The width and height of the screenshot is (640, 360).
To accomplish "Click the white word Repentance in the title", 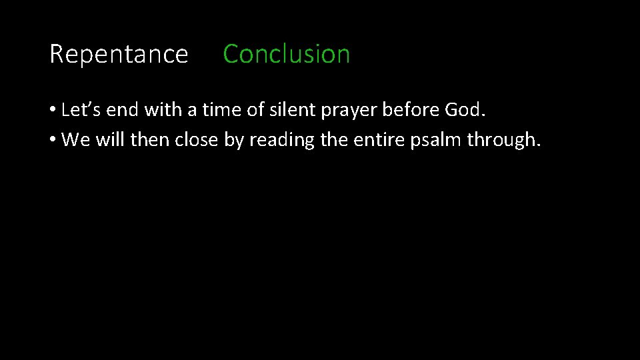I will click(119, 54).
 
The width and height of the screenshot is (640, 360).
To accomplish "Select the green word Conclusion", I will click(286, 54).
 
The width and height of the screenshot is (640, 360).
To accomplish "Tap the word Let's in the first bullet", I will click(79, 110).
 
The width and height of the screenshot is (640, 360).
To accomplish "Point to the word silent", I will click(293, 110).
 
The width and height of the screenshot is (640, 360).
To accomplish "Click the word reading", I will click(280, 140).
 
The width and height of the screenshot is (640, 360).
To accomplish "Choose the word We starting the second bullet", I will click(74, 140).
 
